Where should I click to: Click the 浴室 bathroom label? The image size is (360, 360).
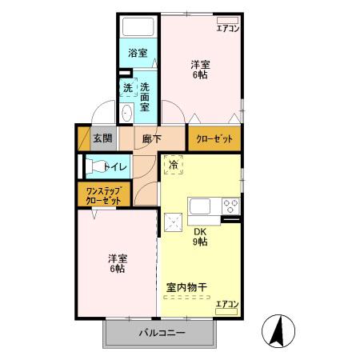[x=138, y=54]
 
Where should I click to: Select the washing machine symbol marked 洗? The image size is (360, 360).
[x=127, y=88]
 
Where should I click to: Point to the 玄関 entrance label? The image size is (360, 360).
[x=102, y=138]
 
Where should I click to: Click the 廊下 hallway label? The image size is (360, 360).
[x=151, y=138]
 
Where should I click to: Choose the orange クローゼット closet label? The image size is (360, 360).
[x=214, y=138]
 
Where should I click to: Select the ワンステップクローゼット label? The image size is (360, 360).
[x=104, y=195]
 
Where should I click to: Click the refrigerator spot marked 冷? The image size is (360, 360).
[x=174, y=166]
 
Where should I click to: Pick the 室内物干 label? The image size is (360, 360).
[x=187, y=286]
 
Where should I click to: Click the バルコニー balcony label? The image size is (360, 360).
[x=161, y=333]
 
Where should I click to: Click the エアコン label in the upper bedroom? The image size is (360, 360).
[x=228, y=29]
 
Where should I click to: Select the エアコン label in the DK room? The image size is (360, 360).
[x=227, y=303]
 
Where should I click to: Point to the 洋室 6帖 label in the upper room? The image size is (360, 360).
[x=201, y=70]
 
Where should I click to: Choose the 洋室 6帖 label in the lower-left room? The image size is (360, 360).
[x=118, y=264]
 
